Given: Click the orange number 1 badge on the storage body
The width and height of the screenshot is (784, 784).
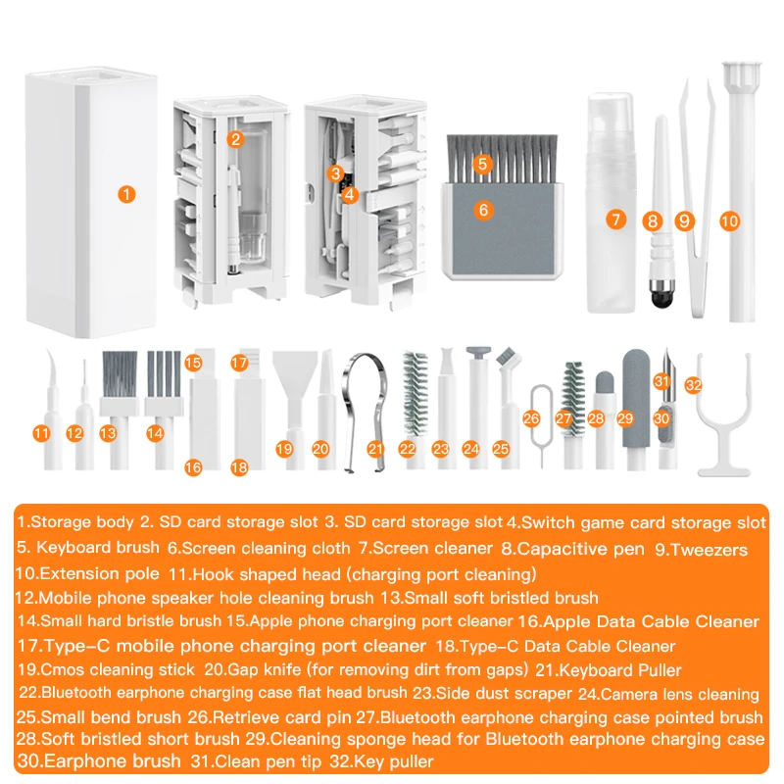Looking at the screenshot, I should pyautogui.click(x=125, y=194).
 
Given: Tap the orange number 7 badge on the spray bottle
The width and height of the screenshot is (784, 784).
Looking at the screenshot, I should pyautogui.click(x=615, y=220).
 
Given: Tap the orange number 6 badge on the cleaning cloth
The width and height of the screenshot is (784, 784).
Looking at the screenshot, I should pyautogui.click(x=482, y=209).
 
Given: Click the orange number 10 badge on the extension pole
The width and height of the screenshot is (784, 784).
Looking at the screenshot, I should pyautogui.click(x=728, y=221).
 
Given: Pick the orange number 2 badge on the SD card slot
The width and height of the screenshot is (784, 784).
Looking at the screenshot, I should pyautogui.click(x=234, y=139).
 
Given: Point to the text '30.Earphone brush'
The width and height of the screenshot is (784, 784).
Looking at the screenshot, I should pyautogui.click(x=99, y=760).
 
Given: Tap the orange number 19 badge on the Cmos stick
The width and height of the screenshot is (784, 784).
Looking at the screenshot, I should pyautogui.click(x=284, y=449).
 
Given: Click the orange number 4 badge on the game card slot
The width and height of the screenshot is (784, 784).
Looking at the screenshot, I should pyautogui.click(x=350, y=194).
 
